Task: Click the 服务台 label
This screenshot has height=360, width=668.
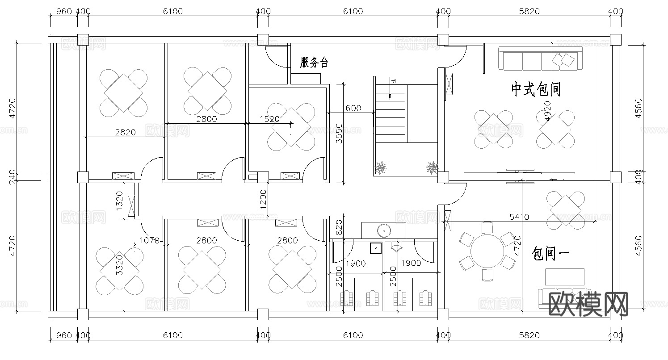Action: pyautogui.click(x=314, y=63)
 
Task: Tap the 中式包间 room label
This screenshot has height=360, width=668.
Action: pyautogui.click(x=536, y=89)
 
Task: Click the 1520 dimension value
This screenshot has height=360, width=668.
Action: pyautogui.click(x=269, y=119)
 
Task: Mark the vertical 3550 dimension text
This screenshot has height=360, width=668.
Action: pyautogui.click(x=339, y=133)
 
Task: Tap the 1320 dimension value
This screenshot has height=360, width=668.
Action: pyautogui.click(x=119, y=201)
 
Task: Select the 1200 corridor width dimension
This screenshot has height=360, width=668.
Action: pyautogui.click(x=263, y=199)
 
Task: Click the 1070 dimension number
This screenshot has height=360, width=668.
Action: pyautogui.click(x=149, y=240)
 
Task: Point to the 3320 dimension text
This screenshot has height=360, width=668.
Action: pyautogui.click(x=119, y=264)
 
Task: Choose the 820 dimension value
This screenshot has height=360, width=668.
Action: pyautogui.click(x=339, y=227)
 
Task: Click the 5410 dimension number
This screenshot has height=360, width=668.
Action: pyautogui.click(x=519, y=217)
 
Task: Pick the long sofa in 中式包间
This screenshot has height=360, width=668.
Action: pyautogui.click(x=540, y=59)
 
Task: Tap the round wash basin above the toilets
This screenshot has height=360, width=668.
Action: pyautogui.click(x=384, y=230)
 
